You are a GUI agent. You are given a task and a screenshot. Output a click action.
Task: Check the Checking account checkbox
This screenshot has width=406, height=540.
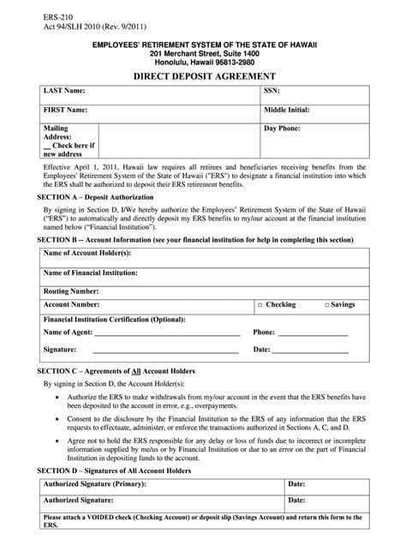point(261,304)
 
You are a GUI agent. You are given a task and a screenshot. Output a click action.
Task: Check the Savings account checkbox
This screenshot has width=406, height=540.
point(328,304)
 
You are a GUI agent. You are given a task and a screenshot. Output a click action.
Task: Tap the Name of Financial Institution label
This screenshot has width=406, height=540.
point(97,273)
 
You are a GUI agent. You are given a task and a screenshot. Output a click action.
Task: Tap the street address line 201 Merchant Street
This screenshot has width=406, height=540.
point(203,51)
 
